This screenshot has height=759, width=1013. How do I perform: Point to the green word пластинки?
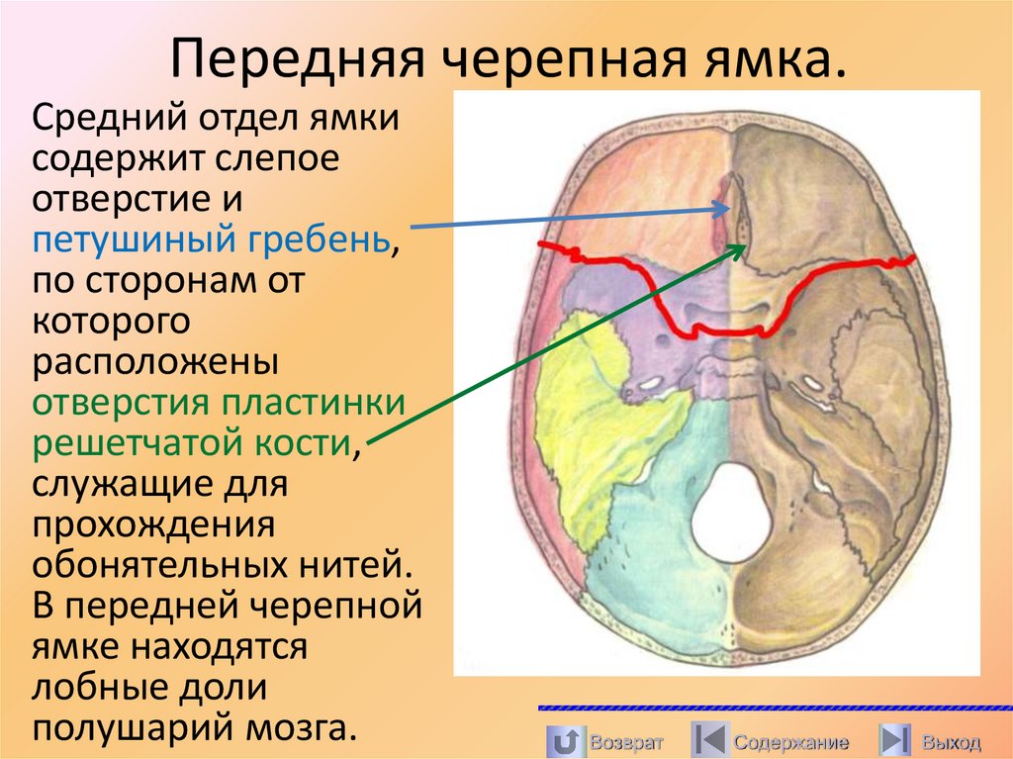point(314,403)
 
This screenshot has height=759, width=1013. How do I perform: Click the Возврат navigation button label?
point(625,742)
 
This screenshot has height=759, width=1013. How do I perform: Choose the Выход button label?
point(951,742)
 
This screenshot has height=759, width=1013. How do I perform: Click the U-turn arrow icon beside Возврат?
point(564,741)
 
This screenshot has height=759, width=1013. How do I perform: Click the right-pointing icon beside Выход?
point(896,741)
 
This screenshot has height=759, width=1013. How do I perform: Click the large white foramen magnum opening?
point(731,514)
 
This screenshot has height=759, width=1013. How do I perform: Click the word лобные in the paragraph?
point(95,688)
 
